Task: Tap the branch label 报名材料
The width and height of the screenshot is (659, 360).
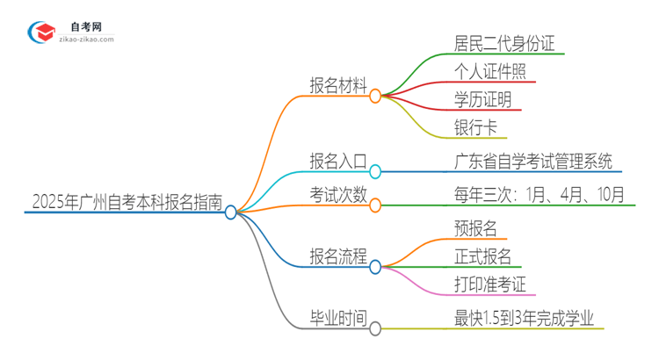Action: pyautogui.click(x=337, y=84)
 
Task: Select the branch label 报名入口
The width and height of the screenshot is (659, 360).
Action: pyautogui.click(x=337, y=161)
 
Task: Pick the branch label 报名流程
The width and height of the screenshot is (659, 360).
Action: pyautogui.click(x=337, y=256)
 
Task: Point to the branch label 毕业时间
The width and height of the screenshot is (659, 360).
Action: pyautogui.click(x=337, y=319)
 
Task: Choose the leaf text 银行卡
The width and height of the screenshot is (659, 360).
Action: pyautogui.click(x=476, y=126)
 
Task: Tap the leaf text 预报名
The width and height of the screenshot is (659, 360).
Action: pyautogui.click(x=476, y=228)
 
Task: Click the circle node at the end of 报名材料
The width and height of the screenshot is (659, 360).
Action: pyautogui.click(x=375, y=95)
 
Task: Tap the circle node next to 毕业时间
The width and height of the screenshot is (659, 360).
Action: pyautogui.click(x=375, y=329)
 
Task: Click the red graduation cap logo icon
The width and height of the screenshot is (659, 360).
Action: pyautogui.click(x=40, y=32)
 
